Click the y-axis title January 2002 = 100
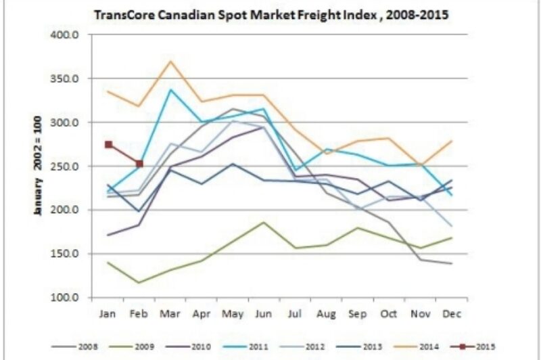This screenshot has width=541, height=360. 39,166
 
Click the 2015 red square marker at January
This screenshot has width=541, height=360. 108,144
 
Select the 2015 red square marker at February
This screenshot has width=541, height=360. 139,164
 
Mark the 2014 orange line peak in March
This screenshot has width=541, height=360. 170,62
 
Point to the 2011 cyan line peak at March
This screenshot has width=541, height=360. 170,89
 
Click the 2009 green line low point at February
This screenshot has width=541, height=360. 139,283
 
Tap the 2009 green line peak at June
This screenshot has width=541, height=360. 263,222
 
